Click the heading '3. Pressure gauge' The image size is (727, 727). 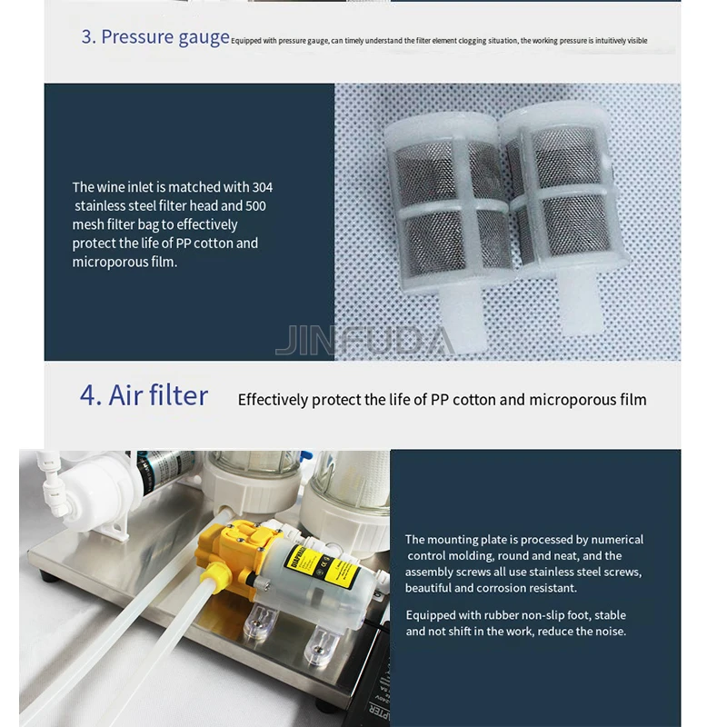(154, 37)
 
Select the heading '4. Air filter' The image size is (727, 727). (144, 395)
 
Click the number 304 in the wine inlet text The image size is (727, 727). (262, 187)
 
